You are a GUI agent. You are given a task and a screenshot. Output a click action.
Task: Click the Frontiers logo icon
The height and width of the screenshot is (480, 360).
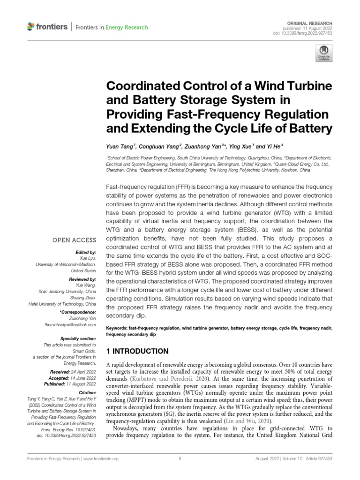[x=31, y=27]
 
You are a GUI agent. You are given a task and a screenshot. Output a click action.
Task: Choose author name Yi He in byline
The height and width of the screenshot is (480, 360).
[x=272, y=146]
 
